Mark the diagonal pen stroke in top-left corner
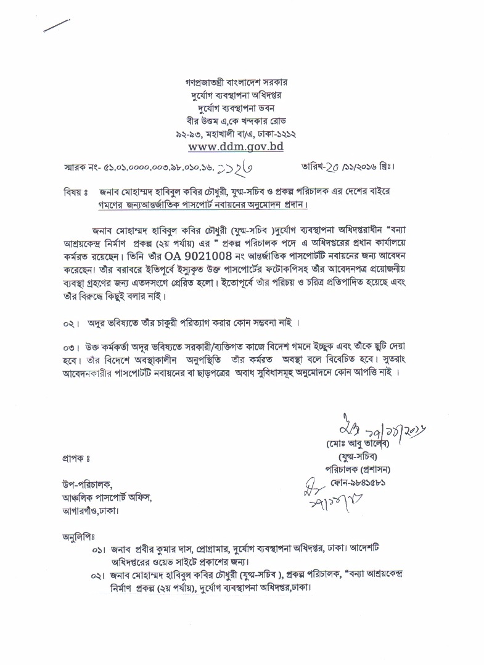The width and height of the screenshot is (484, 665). tap(57, 25)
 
